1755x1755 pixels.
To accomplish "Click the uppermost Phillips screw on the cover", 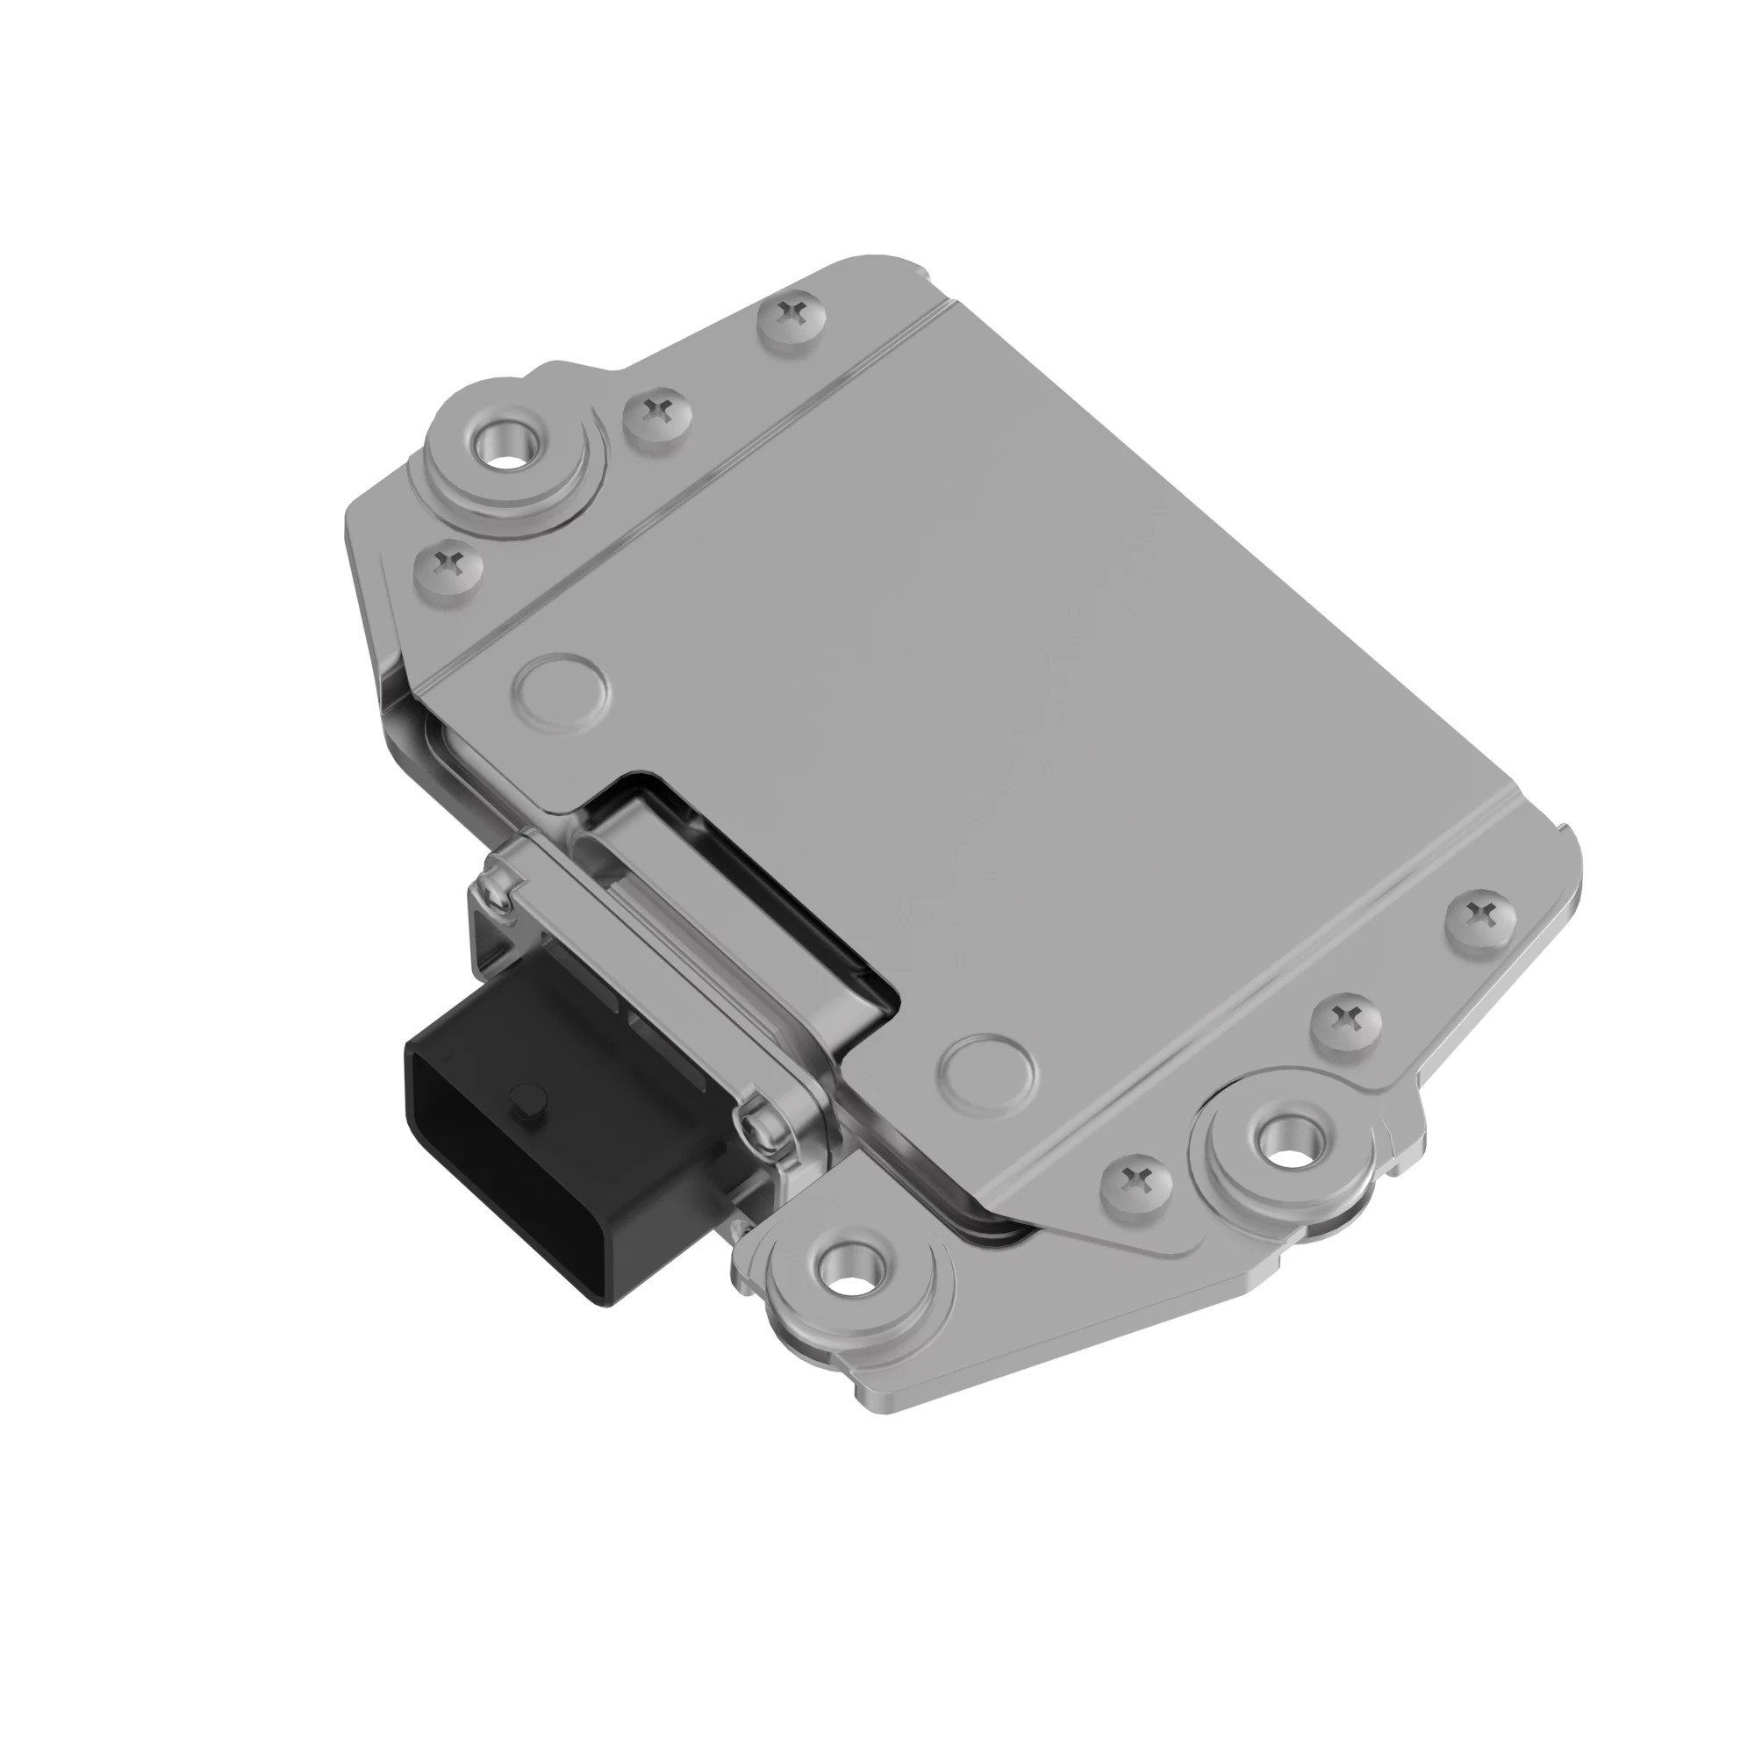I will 794,316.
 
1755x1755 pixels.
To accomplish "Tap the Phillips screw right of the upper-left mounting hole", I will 657,413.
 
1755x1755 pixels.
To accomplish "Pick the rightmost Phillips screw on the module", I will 1480,909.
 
